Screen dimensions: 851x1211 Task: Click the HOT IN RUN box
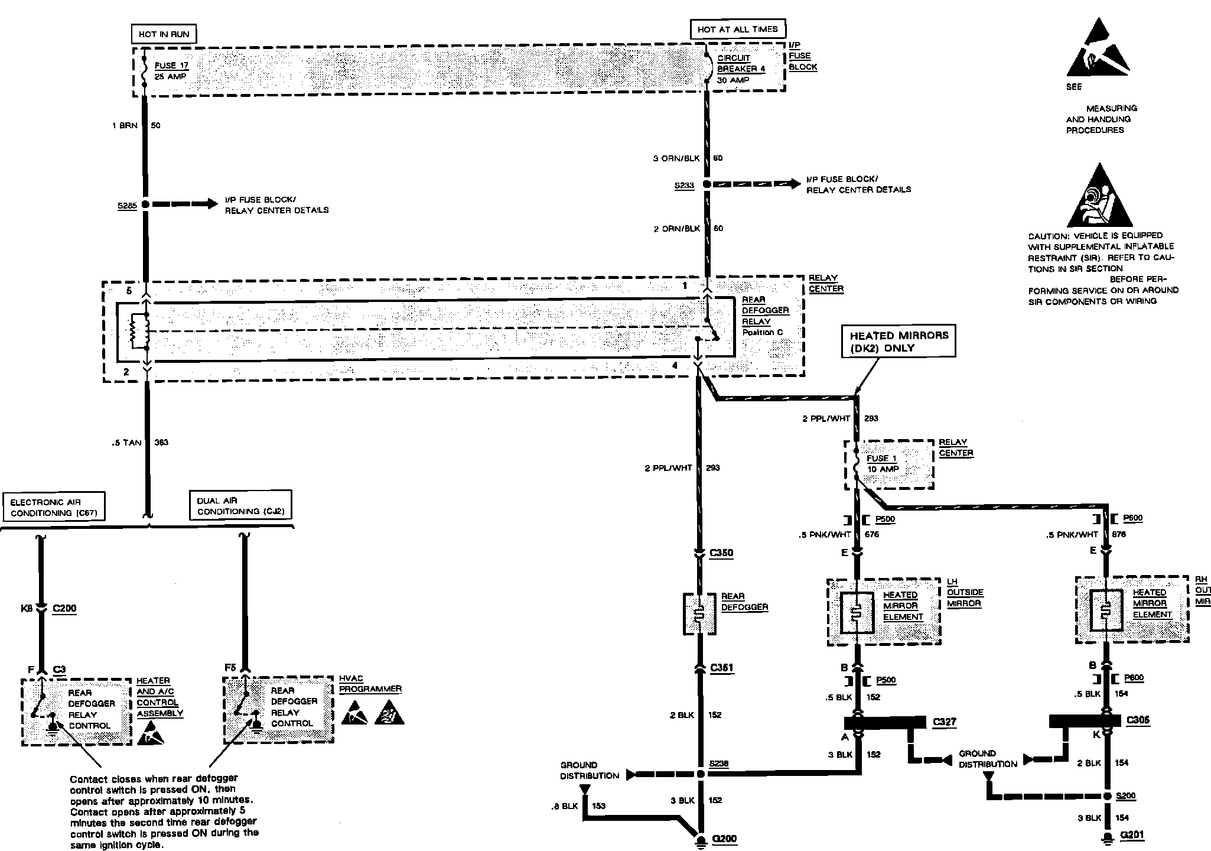click(164, 34)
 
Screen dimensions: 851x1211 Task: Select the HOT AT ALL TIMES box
click(737, 29)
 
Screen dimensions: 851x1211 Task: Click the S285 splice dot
click(145, 204)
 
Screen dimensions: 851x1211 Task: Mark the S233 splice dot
click(706, 184)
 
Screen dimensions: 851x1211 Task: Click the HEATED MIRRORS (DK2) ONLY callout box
click(899, 341)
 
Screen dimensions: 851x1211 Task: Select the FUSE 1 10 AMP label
click(882, 463)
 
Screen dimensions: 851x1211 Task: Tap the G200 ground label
click(725, 839)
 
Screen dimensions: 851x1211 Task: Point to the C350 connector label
click(721, 553)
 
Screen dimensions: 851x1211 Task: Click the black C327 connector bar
click(884, 723)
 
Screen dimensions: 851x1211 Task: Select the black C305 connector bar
click(1085, 721)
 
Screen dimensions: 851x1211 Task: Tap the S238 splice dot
click(700, 774)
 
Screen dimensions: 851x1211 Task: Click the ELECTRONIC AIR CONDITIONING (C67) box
click(54, 506)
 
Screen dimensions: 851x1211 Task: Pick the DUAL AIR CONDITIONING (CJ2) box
click(241, 505)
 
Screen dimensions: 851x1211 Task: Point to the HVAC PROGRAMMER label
click(370, 684)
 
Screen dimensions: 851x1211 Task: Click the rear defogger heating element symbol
click(699, 613)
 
